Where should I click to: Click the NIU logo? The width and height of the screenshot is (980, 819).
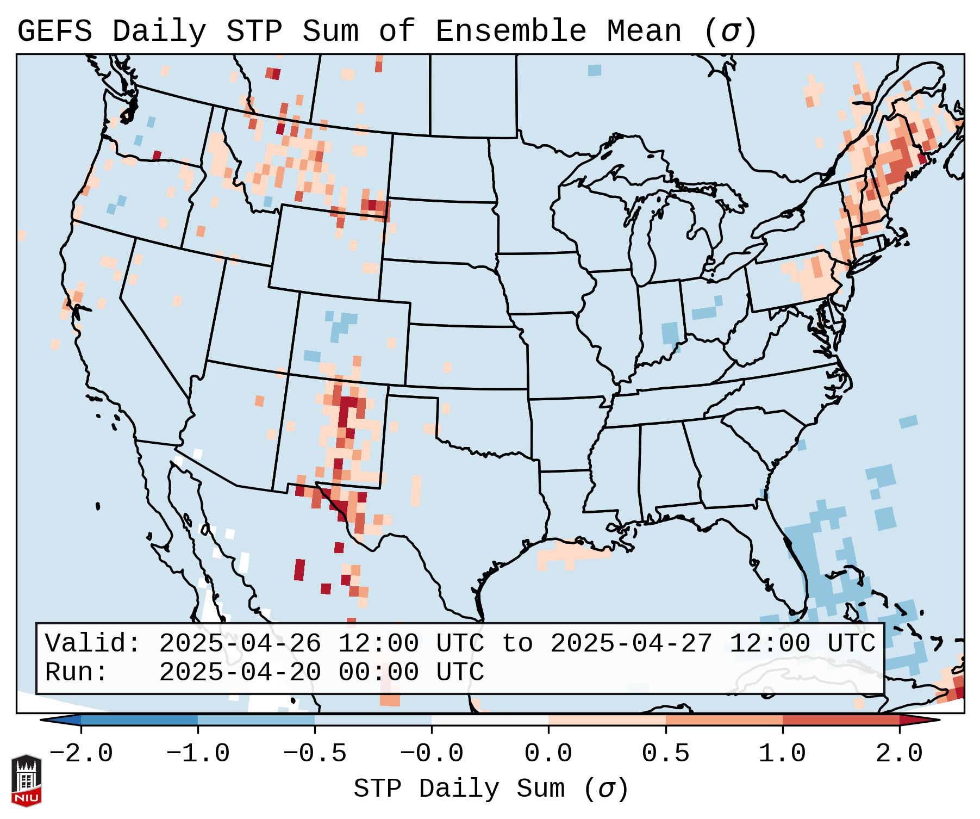[26, 780]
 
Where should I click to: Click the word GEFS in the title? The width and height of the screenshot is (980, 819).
[54, 32]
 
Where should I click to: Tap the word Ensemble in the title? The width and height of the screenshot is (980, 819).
[510, 32]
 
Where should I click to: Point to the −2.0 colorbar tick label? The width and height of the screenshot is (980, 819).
[81, 754]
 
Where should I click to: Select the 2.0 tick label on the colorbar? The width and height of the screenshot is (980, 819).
[899, 754]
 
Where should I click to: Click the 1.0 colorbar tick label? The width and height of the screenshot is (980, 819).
[782, 754]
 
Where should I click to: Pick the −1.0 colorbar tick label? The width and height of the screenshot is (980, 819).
[198, 754]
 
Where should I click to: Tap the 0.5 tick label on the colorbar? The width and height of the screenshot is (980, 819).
[665, 754]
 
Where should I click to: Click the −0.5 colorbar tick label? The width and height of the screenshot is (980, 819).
[315, 754]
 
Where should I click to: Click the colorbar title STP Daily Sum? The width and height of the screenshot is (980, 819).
[459, 789]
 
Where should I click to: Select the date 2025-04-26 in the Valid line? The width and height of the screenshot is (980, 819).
[240, 644]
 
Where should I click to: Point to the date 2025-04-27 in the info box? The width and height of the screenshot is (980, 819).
[632, 644]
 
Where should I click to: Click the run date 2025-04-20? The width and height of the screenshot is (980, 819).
[240, 673]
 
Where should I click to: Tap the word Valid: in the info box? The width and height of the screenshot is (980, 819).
[93, 644]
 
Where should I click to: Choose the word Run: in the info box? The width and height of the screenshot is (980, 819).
[77, 673]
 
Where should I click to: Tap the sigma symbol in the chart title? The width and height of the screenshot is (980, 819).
[731, 32]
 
